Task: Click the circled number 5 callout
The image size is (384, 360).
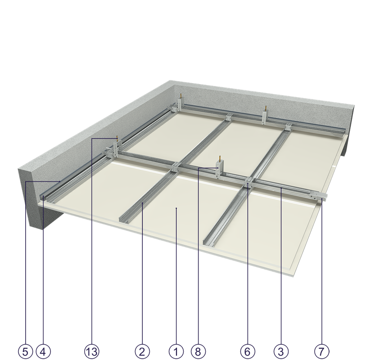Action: point(26,352)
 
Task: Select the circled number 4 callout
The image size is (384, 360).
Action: point(43,352)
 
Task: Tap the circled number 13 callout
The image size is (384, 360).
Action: point(92,352)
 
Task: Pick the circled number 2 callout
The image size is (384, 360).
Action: point(142,352)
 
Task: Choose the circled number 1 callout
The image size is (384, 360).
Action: point(176,352)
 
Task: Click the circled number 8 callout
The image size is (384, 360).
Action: point(198,352)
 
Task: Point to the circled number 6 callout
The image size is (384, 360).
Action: point(248,352)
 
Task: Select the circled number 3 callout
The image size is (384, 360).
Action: point(281,352)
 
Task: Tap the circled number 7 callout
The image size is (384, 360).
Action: point(321,352)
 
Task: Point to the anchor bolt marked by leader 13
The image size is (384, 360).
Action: point(117,139)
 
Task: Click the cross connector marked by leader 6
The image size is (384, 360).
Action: point(248,183)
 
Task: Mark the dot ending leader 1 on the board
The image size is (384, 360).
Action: point(176,208)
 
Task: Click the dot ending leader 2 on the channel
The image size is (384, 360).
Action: point(142,203)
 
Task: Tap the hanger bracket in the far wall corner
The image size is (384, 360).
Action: point(180,104)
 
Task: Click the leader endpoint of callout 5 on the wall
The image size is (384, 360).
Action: point(60,181)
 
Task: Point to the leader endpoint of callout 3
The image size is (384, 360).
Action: point(281,188)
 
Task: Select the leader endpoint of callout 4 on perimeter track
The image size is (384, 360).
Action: point(43,196)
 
